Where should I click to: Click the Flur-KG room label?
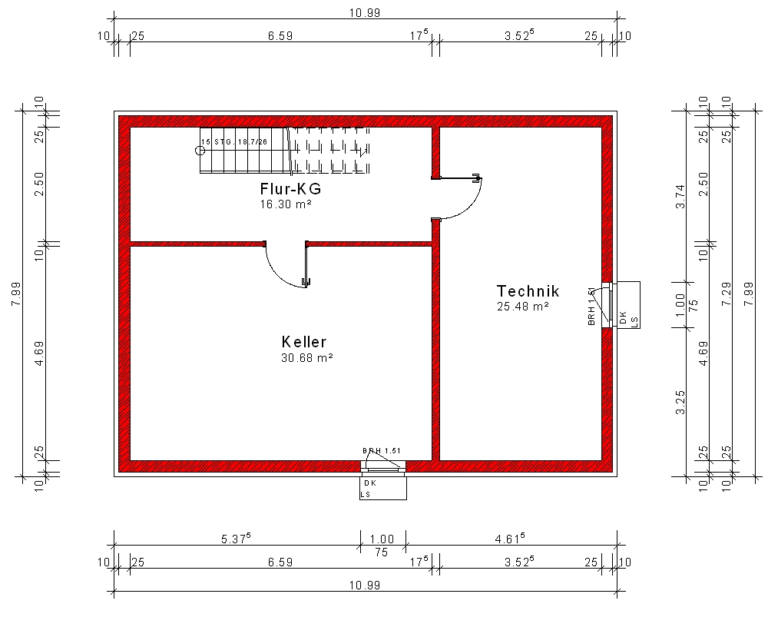[290, 189]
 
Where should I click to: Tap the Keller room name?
[303, 342]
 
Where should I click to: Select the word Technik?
[528, 291]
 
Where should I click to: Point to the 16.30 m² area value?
[286, 204]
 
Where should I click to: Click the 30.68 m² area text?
[307, 358]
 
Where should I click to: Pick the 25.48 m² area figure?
[522, 307]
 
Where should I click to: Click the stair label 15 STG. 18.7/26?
[234, 141]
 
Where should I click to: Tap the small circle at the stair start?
[200, 151]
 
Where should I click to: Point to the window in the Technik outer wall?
[610, 304]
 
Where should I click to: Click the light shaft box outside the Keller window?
[383, 488]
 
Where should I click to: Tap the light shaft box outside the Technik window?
[628, 305]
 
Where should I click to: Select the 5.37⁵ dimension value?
[236, 539]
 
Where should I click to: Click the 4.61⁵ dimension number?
[510, 539]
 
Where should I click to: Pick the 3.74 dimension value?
[680, 197]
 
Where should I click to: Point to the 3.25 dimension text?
[680, 403]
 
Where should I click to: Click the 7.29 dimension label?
[727, 294]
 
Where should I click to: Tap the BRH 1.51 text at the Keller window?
[382, 451]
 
